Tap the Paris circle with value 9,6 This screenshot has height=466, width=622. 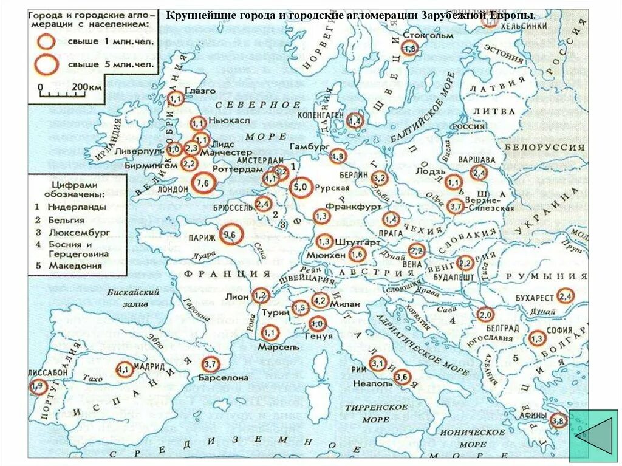(230, 234)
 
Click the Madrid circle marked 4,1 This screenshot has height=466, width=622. (124, 369)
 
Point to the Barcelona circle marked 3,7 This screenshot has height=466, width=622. (210, 365)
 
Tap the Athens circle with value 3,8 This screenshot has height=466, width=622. (558, 419)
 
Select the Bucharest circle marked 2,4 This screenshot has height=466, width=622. (565, 296)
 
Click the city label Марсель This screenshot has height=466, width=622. (279, 347)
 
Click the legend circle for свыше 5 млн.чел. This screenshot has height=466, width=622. (46, 63)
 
